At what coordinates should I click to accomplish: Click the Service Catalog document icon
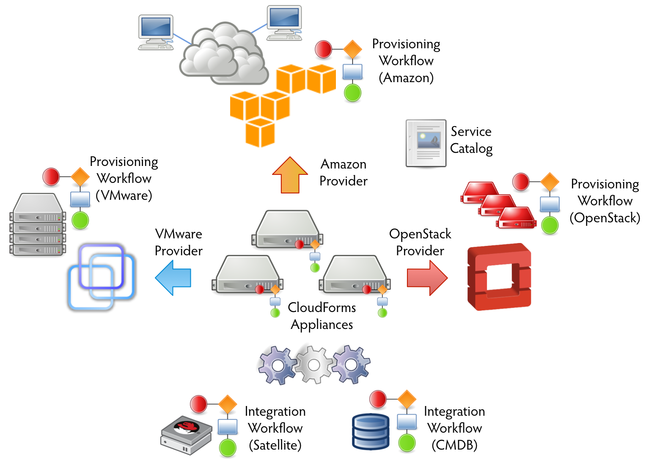click(x=426, y=143)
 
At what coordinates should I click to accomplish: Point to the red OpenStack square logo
click(x=499, y=277)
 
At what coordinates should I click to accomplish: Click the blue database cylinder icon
click(x=371, y=431)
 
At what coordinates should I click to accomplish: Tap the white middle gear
click(x=314, y=364)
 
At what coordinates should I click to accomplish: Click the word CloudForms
click(x=322, y=307)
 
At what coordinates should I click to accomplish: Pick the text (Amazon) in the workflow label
click(x=406, y=78)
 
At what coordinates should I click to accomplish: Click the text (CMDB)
click(x=454, y=445)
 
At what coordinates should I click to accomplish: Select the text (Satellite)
click(x=275, y=445)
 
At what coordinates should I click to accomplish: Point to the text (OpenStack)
click(x=605, y=218)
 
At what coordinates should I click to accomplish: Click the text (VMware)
click(x=124, y=196)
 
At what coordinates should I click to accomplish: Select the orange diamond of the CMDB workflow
click(x=407, y=399)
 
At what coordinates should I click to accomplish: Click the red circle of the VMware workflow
click(x=51, y=177)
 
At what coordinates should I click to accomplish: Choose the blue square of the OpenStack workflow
click(x=550, y=204)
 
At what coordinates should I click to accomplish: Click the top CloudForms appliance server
click(x=288, y=229)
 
